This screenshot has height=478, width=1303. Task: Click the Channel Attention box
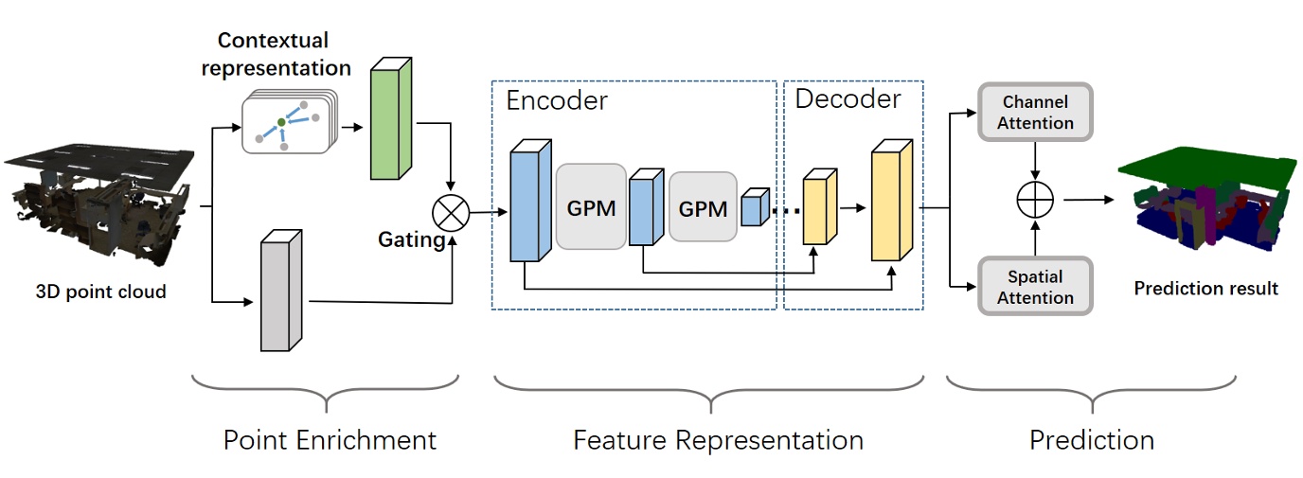(1037, 113)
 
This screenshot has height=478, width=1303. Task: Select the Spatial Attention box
(1035, 287)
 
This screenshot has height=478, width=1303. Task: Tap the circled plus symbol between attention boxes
(1036, 200)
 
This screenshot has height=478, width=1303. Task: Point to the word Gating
(412, 240)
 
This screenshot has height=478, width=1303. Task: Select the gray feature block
(280, 291)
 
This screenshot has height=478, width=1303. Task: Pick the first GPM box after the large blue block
(591, 206)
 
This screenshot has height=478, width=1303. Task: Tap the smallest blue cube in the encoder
(754, 208)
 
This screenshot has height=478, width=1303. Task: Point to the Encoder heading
(557, 100)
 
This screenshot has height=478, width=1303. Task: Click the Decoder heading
(848, 97)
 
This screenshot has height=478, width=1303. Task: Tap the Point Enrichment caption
(330, 440)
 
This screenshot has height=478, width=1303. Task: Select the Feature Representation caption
(718, 440)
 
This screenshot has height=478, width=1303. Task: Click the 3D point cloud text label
(100, 292)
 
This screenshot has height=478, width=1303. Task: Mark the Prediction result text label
(1205, 288)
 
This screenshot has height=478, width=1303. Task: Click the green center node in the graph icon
(281, 123)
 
